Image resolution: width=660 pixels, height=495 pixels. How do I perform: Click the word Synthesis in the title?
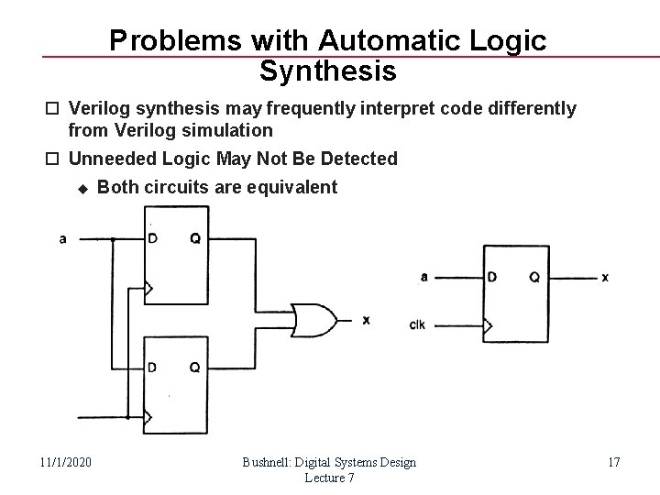[x=328, y=70]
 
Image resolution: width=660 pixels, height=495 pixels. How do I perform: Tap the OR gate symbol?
[x=314, y=320]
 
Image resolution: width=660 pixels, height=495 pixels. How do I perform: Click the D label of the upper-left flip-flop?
[x=154, y=239]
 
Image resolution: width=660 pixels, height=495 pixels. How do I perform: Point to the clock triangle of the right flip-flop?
[x=489, y=324]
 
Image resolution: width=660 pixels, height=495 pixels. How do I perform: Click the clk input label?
[x=417, y=324]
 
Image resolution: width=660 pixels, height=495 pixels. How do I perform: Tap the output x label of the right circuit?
[x=606, y=276]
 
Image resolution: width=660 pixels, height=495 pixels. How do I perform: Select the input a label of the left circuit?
[x=62, y=239]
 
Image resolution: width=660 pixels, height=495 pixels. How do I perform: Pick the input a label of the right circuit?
[x=423, y=276]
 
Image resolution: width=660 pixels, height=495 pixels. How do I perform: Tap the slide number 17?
[x=613, y=462]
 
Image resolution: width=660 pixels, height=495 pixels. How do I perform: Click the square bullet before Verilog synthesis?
[x=58, y=110]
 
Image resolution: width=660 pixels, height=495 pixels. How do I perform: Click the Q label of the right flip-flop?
[x=533, y=276]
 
